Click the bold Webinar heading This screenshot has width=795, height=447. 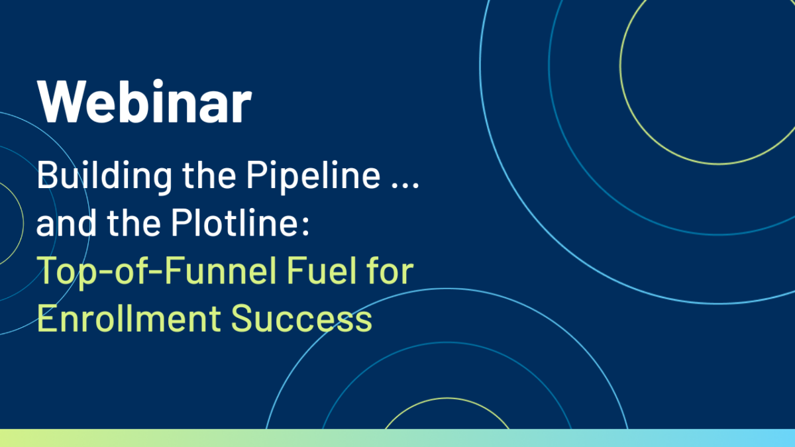tap(144, 102)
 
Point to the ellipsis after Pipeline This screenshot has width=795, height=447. tap(405, 185)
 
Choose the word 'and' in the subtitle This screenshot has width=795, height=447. tap(66, 223)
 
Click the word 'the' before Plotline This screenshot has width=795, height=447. tap(134, 223)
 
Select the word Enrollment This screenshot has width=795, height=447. tap(129, 319)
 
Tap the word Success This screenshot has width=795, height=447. tap(301, 319)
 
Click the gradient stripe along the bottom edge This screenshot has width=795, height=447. tap(397, 438)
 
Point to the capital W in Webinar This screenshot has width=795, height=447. tap(61, 102)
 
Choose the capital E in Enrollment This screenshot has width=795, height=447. tap(47, 319)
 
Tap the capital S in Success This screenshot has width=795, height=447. tap(242, 319)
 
